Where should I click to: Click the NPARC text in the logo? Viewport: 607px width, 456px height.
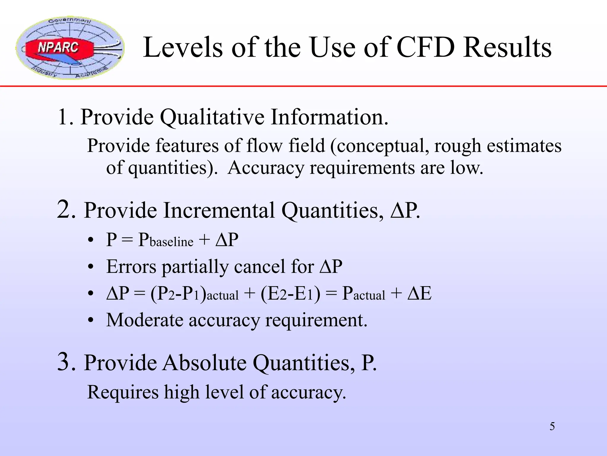[x=58, y=47]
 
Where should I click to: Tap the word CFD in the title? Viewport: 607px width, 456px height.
[x=425, y=47]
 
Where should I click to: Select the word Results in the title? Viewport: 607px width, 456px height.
[x=507, y=47]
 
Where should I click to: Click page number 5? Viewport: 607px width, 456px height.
[x=552, y=427]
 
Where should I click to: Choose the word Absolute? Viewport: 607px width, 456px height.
[x=204, y=362]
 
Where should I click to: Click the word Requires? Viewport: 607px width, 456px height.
[x=123, y=392]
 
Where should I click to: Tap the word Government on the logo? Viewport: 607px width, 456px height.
[x=70, y=21]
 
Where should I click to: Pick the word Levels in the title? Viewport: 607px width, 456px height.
[x=183, y=47]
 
